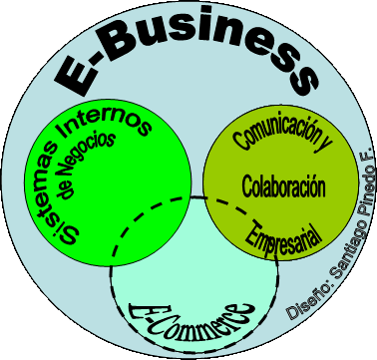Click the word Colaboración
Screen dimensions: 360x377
click(x=284, y=185)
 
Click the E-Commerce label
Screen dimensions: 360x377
click(x=190, y=316)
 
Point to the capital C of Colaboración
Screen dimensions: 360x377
click(x=248, y=186)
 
